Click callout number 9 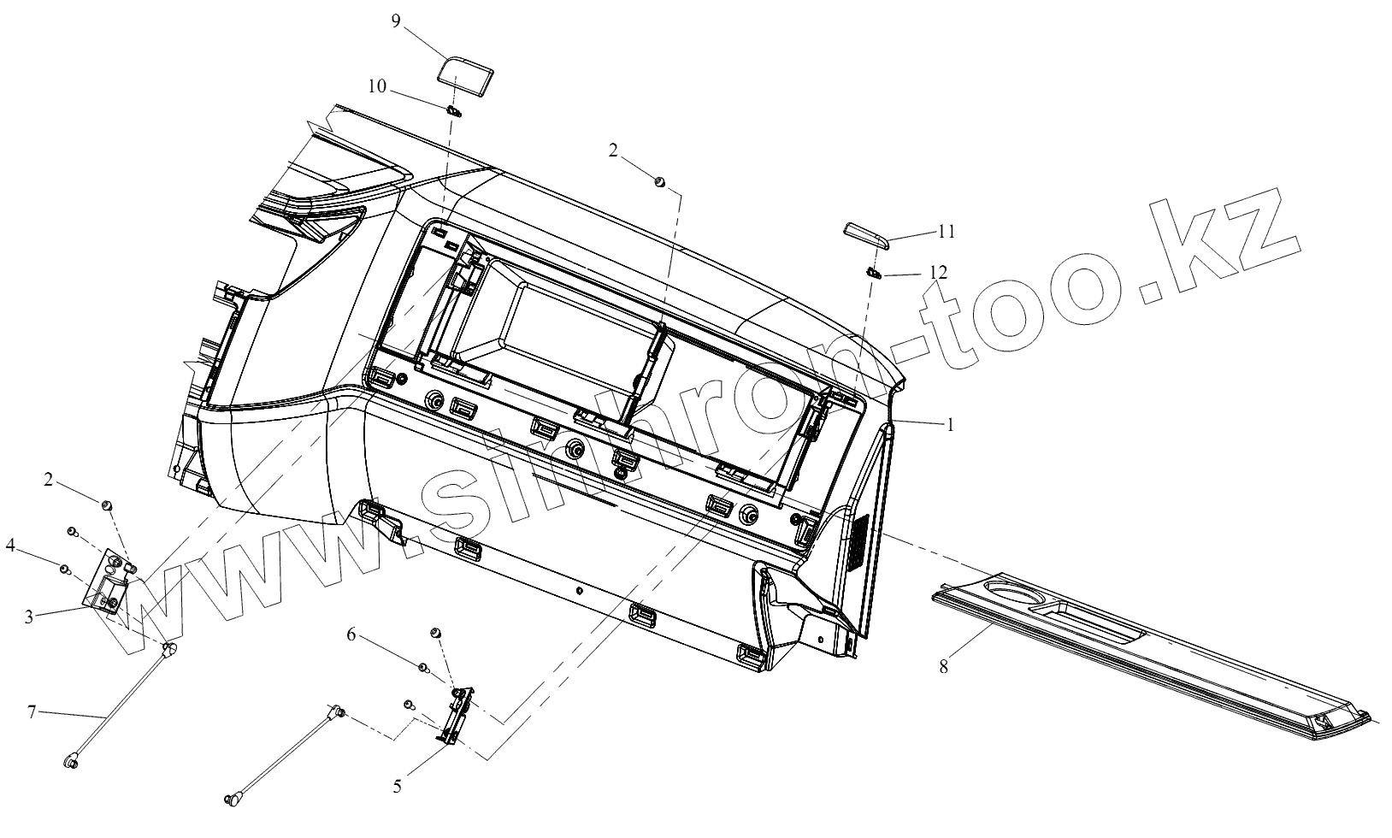396,21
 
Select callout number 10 377,86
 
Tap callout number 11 947,231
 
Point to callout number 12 938,272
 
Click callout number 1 949,424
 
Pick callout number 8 944,667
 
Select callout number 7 32,712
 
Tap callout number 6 351,635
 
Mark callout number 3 29,617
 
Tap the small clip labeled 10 454,111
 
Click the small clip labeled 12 872,273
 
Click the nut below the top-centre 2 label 660,180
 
